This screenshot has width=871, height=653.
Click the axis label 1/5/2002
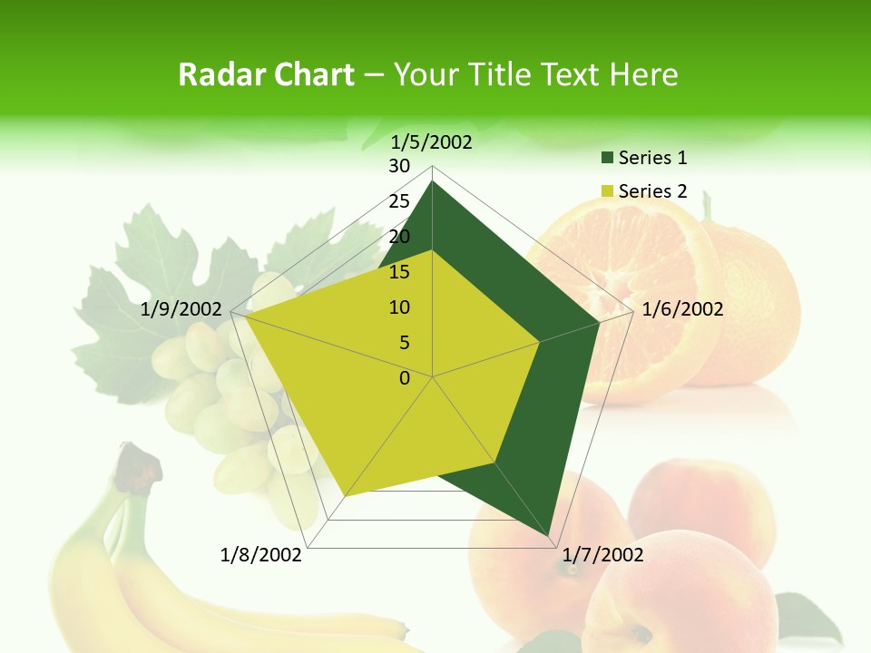coord(432,142)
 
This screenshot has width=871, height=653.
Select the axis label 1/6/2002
coord(682,309)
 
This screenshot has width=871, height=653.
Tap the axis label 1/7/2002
coord(603,555)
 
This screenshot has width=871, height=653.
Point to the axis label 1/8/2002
coord(261,555)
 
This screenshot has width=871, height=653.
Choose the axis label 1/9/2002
coord(181,309)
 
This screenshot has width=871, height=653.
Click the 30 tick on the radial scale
coord(399,166)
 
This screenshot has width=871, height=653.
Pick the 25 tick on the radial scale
coord(399,201)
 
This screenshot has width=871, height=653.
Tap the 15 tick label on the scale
coord(399,272)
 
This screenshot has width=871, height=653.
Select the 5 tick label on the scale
coord(405,343)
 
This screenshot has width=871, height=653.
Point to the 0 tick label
coord(405,378)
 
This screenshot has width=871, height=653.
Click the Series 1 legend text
coord(652,158)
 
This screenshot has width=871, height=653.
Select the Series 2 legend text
coord(652,191)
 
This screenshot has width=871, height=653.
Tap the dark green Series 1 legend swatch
coord(607,159)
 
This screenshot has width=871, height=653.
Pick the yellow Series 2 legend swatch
coord(607,192)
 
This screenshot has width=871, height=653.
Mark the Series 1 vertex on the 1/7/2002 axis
coord(550,536)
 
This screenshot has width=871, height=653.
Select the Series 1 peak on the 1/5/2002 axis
coord(433,182)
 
